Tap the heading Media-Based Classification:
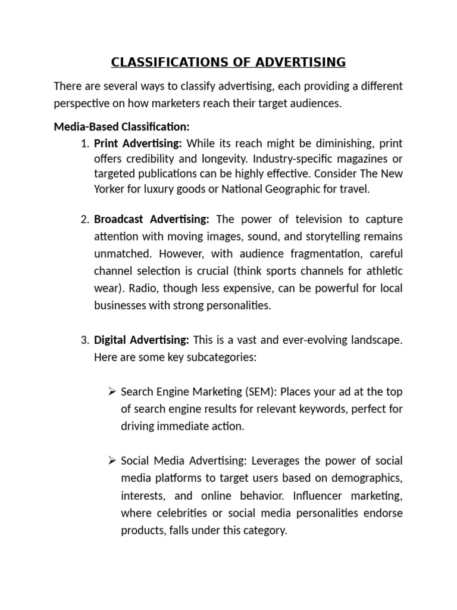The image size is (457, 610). pyautogui.click(x=121, y=126)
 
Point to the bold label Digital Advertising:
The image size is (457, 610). pyautogui.click(x=142, y=341)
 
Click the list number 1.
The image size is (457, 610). pyautogui.click(x=83, y=144)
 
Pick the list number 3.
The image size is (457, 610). pyautogui.click(x=83, y=341)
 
